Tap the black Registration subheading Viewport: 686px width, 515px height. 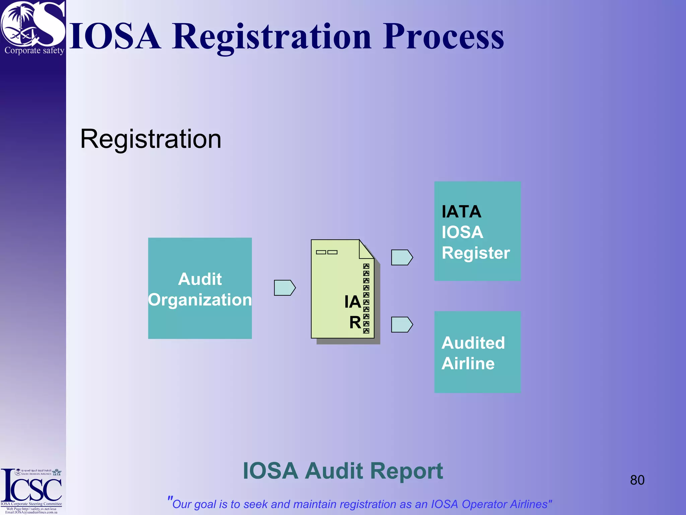pyautogui.click(x=151, y=139)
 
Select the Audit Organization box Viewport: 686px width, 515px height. pyautogui.click(x=200, y=288)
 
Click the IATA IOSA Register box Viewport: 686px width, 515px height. pyautogui.click(x=477, y=231)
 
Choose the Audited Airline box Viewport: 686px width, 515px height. pyautogui.click(x=477, y=352)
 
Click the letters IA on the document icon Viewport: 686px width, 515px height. pyautogui.click(x=352, y=302)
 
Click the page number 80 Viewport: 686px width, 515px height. pyautogui.click(x=637, y=480)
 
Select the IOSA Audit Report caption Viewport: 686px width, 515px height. pyautogui.click(x=343, y=471)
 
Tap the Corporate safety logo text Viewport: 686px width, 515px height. pyautogui.click(x=34, y=51)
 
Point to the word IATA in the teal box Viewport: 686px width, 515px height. pyautogui.click(x=461, y=212)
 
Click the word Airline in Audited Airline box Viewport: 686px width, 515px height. pyautogui.click(x=468, y=363)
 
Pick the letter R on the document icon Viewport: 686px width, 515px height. pyautogui.click(x=355, y=323)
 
